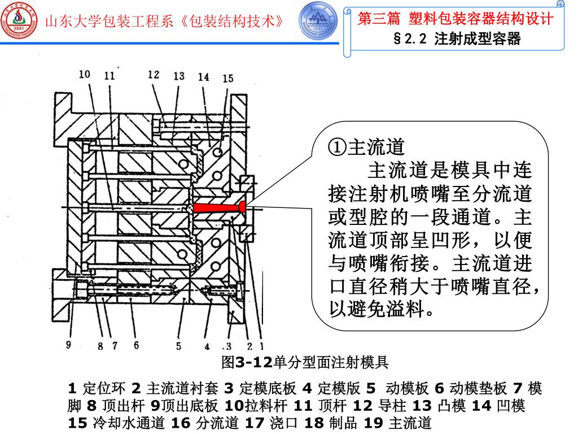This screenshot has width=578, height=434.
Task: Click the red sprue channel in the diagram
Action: (217, 207)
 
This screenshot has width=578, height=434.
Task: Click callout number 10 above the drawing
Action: (85, 74)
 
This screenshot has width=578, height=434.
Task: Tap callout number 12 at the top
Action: (154, 74)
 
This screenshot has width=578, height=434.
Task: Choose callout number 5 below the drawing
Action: (178, 346)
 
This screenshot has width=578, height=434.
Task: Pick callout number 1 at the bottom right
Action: (261, 346)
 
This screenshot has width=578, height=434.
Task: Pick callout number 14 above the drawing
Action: (204, 77)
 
